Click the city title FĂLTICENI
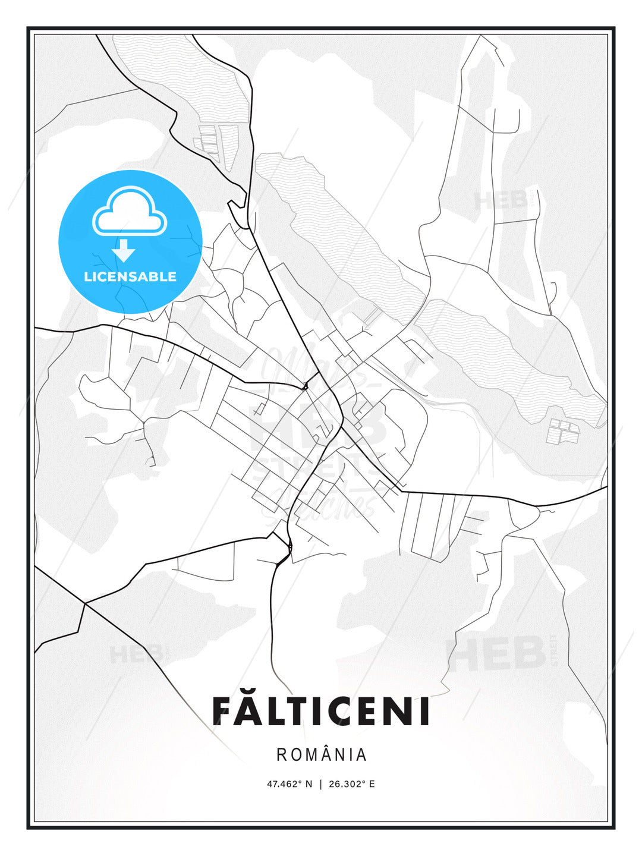[x=321, y=711]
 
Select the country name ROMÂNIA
[x=321, y=755]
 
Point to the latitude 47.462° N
[x=289, y=784]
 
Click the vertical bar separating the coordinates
[x=321, y=784]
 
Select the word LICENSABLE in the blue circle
[x=130, y=276]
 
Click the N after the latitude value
[x=309, y=784]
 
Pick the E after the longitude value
[x=372, y=784]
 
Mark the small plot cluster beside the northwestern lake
[x=209, y=140]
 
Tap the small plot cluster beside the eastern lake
[x=563, y=431]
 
